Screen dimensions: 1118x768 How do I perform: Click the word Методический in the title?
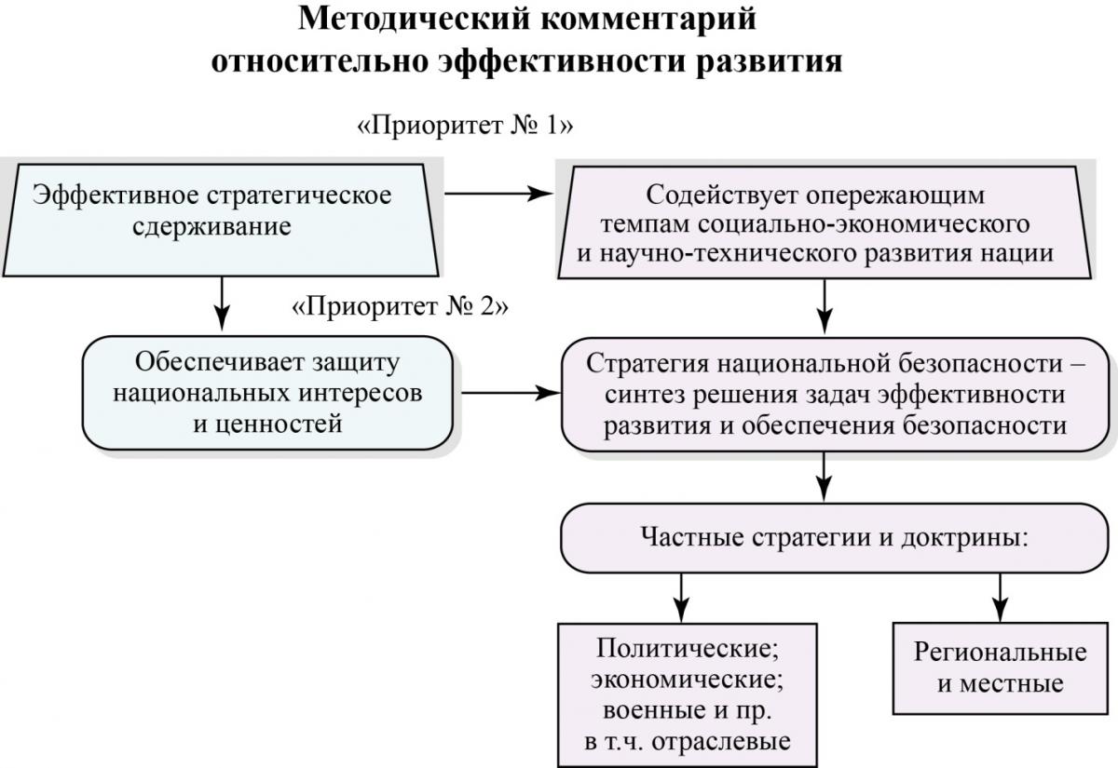coord(415,20)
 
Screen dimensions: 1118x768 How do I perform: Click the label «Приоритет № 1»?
coord(465,126)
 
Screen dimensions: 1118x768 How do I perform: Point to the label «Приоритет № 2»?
coord(400,306)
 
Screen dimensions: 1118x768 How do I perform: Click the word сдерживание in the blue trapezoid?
coord(211,227)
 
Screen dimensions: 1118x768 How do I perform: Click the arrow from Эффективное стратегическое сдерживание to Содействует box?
coord(498,194)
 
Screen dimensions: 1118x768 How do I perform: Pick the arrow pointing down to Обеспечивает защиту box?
coord(222,303)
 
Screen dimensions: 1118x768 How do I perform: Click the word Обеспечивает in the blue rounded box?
coord(219,362)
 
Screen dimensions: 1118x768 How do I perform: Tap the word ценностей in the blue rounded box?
coord(267,424)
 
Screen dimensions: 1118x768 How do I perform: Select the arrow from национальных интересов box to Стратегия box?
coord(511,393)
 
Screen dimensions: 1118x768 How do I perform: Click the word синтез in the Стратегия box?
coord(644,396)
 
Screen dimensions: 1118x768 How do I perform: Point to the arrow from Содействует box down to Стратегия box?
coord(825,306)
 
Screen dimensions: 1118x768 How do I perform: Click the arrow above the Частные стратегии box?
coord(824,477)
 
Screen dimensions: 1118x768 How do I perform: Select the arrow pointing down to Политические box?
coord(681,598)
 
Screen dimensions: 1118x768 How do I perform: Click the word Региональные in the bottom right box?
coord(1001,653)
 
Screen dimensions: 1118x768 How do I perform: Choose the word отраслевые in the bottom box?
coord(721,742)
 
